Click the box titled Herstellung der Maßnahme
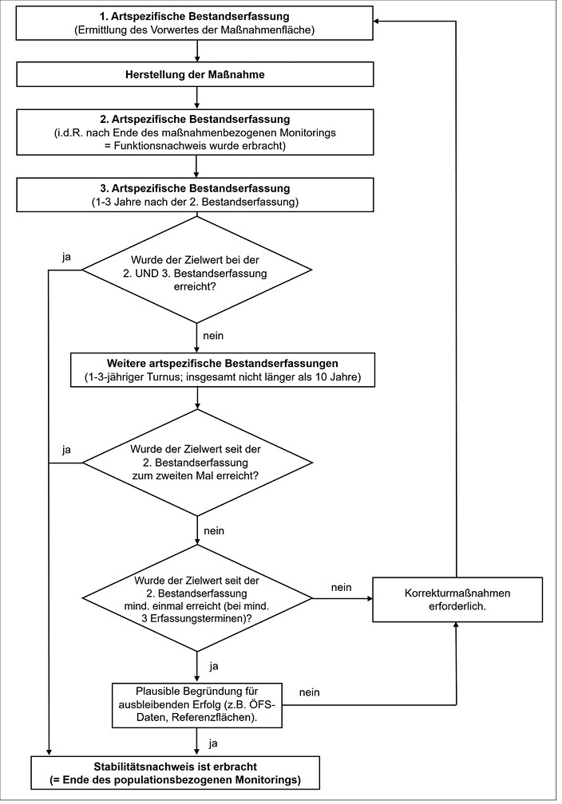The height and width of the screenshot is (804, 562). [x=195, y=74]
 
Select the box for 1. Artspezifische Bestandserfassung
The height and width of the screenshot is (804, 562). [x=195, y=23]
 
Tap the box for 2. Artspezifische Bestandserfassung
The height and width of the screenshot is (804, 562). [x=195, y=132]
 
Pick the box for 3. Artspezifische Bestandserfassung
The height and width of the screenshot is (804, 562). [x=195, y=195]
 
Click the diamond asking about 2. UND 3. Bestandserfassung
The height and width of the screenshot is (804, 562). [x=197, y=270]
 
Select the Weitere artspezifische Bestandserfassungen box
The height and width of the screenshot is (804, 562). [x=222, y=370]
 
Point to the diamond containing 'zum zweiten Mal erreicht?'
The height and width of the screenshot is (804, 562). [x=197, y=463]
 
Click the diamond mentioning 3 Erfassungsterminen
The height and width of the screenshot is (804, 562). [x=197, y=598]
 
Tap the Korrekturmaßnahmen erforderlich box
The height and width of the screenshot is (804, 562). [x=457, y=600]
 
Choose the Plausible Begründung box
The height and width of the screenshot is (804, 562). [x=197, y=704]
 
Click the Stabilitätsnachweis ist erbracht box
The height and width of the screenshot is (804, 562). [x=176, y=773]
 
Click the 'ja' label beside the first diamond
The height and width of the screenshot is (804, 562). [x=66, y=258]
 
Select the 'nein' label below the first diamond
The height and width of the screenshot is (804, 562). [x=213, y=336]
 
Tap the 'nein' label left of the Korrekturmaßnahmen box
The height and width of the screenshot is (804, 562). [x=342, y=588]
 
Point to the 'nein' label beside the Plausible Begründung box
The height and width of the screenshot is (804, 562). [x=309, y=692]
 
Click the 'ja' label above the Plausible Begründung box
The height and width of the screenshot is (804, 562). [x=214, y=667]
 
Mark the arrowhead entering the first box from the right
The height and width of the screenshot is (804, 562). [x=378, y=21]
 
